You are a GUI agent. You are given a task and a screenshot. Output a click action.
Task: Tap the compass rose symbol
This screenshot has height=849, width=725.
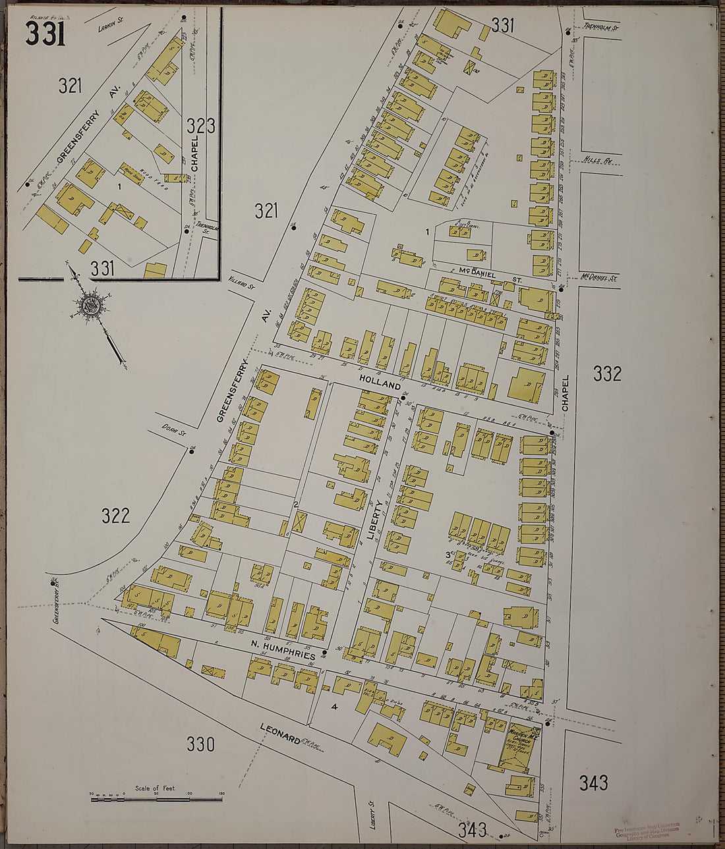[90, 306]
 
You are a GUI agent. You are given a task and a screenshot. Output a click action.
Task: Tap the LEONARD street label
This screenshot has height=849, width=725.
[280, 734]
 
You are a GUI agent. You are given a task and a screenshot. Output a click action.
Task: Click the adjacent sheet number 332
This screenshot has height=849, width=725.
[606, 373]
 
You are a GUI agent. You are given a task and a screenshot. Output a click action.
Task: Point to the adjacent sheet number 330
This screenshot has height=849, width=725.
[200, 744]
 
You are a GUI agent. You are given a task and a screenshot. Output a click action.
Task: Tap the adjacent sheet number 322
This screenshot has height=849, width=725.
[115, 516]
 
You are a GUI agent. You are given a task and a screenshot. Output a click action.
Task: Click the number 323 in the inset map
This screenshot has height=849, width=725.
[200, 126]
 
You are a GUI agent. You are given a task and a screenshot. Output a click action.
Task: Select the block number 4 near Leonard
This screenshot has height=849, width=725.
[335, 707]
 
